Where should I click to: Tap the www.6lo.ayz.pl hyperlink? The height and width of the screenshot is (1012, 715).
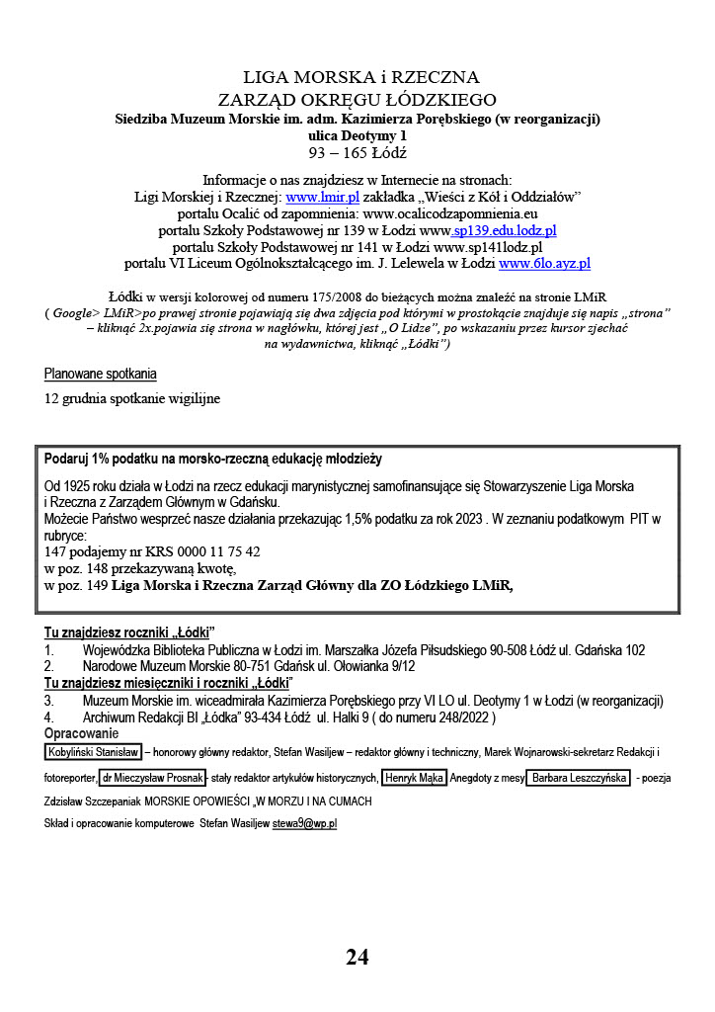click(544, 264)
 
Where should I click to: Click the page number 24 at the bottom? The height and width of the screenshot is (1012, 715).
click(357, 957)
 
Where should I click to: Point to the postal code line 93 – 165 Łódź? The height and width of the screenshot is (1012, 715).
click(357, 153)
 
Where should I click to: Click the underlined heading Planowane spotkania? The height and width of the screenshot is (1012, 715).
click(100, 375)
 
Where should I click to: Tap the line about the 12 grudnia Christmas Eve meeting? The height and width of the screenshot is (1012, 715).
click(132, 399)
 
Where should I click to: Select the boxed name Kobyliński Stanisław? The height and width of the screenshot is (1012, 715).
click(92, 752)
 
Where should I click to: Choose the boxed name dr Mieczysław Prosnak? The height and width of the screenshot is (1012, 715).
click(152, 778)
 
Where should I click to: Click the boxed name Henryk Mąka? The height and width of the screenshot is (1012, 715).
click(414, 778)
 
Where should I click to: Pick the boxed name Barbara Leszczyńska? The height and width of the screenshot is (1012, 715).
click(578, 778)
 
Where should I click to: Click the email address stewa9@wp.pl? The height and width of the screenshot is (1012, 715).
click(304, 823)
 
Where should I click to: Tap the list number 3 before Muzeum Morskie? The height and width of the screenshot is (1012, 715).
click(48, 701)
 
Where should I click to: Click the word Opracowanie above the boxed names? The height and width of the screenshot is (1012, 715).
click(81, 733)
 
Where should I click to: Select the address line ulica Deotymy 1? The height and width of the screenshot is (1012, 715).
click(357, 135)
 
